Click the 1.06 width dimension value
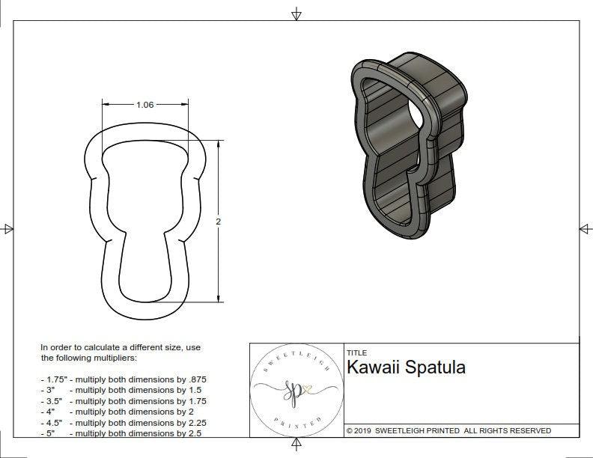pos(145,105)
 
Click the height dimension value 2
pos(218,222)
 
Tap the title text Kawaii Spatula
pos(406,367)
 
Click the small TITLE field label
pos(356,353)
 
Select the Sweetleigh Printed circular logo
pos(296,389)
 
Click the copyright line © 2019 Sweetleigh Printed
pos(448,430)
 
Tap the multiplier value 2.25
pos(195,422)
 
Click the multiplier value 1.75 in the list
pos(195,401)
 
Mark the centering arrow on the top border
pos(296,13)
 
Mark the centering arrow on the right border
pos(584,229)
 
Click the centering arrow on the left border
pos(8,229)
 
